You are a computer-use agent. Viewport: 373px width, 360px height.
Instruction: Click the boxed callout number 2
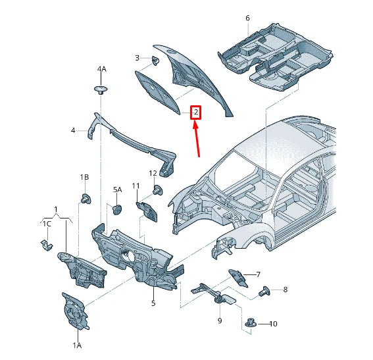pos(195,113)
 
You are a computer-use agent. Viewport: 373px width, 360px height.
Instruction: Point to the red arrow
pos(197,139)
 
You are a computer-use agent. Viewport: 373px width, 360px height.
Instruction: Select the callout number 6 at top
pos(247,18)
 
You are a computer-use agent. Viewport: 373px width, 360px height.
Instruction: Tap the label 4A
pos(101,69)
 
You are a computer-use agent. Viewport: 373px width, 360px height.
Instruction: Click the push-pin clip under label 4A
pos(101,89)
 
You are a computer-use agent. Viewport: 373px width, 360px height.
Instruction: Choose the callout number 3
pos(137,58)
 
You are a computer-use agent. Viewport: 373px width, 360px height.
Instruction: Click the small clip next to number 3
pos(156,61)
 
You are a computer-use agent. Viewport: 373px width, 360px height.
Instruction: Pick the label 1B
pos(85,178)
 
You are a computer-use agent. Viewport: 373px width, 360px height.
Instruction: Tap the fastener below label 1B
pos(86,197)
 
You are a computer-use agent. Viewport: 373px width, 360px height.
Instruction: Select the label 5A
pos(117,190)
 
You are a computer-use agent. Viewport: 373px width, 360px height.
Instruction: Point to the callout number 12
pos(153,173)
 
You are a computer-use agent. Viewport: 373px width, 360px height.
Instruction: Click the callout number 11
pos(136,186)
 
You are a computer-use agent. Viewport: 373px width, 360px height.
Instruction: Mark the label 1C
pos(47,224)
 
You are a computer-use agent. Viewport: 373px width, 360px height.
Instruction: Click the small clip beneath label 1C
pos(45,245)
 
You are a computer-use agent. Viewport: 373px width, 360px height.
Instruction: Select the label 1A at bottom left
pos(76,345)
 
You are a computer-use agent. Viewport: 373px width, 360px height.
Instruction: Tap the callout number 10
pos(274,324)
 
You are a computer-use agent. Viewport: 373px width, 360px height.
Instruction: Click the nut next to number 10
pos(251,322)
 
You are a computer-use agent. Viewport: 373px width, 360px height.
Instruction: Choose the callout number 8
pos(286,290)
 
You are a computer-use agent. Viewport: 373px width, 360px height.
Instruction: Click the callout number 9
pos(220,321)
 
